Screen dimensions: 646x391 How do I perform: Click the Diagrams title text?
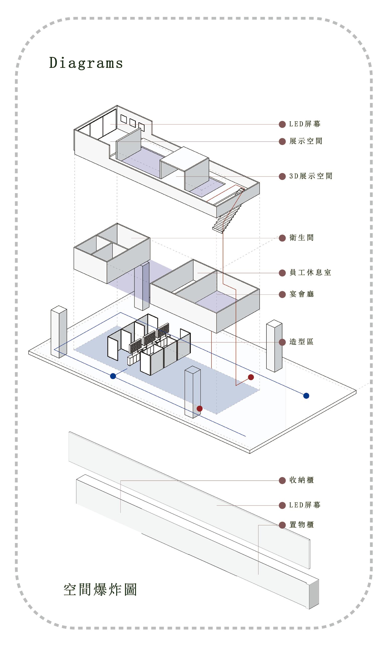[x=86, y=63]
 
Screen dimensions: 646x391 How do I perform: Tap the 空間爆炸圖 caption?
[x=100, y=590]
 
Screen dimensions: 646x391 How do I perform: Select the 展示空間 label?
[x=305, y=141]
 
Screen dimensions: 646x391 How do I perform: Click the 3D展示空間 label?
[x=311, y=176]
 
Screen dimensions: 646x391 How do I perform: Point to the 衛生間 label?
[x=301, y=238]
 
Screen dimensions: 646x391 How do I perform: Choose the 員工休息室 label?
[x=310, y=273]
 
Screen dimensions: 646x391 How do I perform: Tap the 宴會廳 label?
[x=301, y=294]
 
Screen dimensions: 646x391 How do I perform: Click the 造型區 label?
[x=301, y=342]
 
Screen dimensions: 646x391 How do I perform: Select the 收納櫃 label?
[x=301, y=480]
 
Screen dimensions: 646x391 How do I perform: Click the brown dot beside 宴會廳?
[x=282, y=294]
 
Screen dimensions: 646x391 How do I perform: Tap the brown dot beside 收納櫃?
[x=282, y=481]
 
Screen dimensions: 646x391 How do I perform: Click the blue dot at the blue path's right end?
[x=306, y=396]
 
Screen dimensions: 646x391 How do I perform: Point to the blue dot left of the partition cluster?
[x=113, y=376]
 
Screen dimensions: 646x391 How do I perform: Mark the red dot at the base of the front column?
[x=200, y=408]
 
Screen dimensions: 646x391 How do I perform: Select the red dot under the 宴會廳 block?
[x=251, y=377]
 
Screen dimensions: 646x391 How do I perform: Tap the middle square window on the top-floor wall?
[x=133, y=123]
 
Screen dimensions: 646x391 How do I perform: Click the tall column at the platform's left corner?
[x=59, y=332]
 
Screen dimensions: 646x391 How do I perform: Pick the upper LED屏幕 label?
[x=305, y=124]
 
